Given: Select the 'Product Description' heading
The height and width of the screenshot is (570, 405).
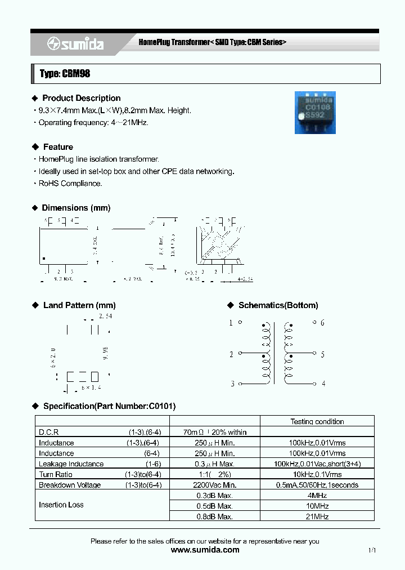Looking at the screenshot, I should [x=81, y=98].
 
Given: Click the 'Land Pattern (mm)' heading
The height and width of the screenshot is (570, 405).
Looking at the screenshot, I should [x=79, y=305].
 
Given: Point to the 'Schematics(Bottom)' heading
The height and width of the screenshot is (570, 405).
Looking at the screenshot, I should [x=278, y=305].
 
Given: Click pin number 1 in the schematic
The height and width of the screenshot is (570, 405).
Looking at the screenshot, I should [x=231, y=323].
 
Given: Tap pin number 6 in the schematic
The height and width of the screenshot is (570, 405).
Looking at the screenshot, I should [x=322, y=323].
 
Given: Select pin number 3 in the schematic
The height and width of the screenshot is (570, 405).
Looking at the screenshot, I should [x=231, y=384].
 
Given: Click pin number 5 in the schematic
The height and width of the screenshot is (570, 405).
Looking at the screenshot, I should [x=322, y=354].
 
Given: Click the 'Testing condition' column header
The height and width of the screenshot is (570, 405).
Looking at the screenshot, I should [x=317, y=421].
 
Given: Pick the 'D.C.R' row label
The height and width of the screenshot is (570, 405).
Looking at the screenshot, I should [x=48, y=432].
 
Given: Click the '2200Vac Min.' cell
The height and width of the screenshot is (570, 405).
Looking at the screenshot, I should [x=214, y=485].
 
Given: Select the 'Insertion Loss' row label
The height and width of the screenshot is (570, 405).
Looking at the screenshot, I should [x=61, y=505].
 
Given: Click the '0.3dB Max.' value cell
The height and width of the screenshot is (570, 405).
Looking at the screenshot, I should [x=214, y=496].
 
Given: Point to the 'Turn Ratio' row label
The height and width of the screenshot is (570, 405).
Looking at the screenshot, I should [x=56, y=474].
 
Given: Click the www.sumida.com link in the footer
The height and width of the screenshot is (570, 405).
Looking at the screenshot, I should [x=205, y=550].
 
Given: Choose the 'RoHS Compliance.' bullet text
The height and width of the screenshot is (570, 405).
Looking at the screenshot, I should [x=70, y=184].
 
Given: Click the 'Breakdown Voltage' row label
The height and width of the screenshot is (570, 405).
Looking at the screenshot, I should [x=70, y=485].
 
